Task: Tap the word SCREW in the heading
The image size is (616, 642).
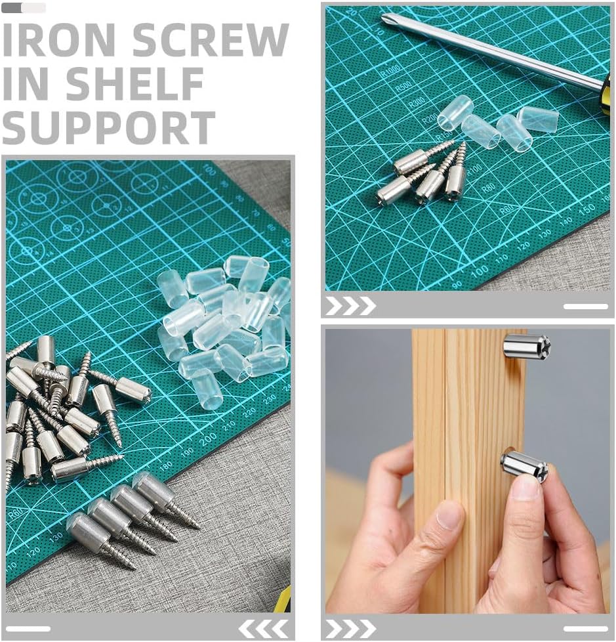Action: (x=210, y=40)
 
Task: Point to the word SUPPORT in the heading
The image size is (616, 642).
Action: (x=109, y=127)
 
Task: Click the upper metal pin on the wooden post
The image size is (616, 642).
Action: (x=526, y=346)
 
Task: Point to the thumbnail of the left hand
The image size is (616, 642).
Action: (x=449, y=516)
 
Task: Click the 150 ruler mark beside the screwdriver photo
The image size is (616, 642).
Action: (x=588, y=209)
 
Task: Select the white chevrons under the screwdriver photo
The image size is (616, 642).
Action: (x=350, y=305)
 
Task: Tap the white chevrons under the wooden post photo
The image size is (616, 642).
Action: (x=350, y=628)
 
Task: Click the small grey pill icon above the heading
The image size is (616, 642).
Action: (x=24, y=8)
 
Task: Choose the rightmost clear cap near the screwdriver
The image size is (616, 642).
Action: (x=538, y=119)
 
